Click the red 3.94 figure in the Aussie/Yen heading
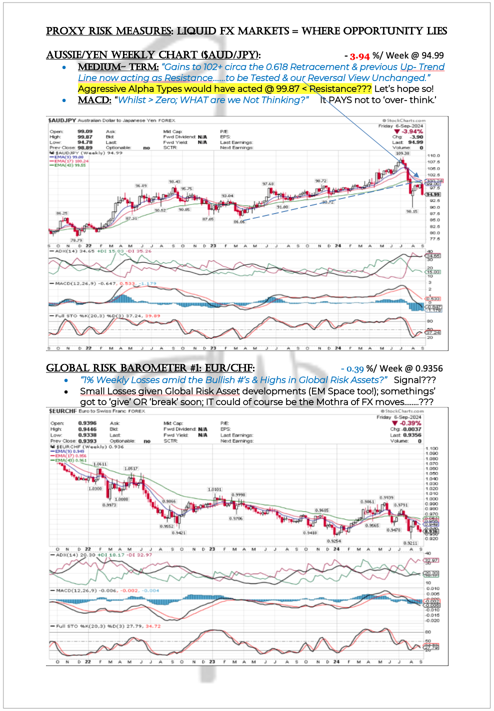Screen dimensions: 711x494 (359, 56)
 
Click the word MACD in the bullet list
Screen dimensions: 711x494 (94, 100)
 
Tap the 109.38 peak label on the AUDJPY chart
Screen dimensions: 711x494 (402, 153)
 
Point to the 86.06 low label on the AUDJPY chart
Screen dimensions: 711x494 (239, 221)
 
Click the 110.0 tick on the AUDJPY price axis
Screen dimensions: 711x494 (433, 156)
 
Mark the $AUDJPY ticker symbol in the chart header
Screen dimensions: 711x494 (61, 120)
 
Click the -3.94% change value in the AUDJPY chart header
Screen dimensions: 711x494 (412, 131)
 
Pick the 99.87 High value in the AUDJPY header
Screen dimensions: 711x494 (84, 137)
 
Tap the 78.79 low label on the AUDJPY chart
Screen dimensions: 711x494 (76, 240)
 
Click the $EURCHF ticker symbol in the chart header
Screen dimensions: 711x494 (63, 411)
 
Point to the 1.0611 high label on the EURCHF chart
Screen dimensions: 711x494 (100, 464)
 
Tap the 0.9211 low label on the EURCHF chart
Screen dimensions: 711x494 (410, 543)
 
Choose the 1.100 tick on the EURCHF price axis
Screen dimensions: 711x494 (431, 448)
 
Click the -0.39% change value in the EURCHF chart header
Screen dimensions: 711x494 (410, 423)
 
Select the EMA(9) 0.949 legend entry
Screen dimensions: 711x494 (70, 451)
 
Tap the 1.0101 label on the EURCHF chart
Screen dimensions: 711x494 (214, 489)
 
